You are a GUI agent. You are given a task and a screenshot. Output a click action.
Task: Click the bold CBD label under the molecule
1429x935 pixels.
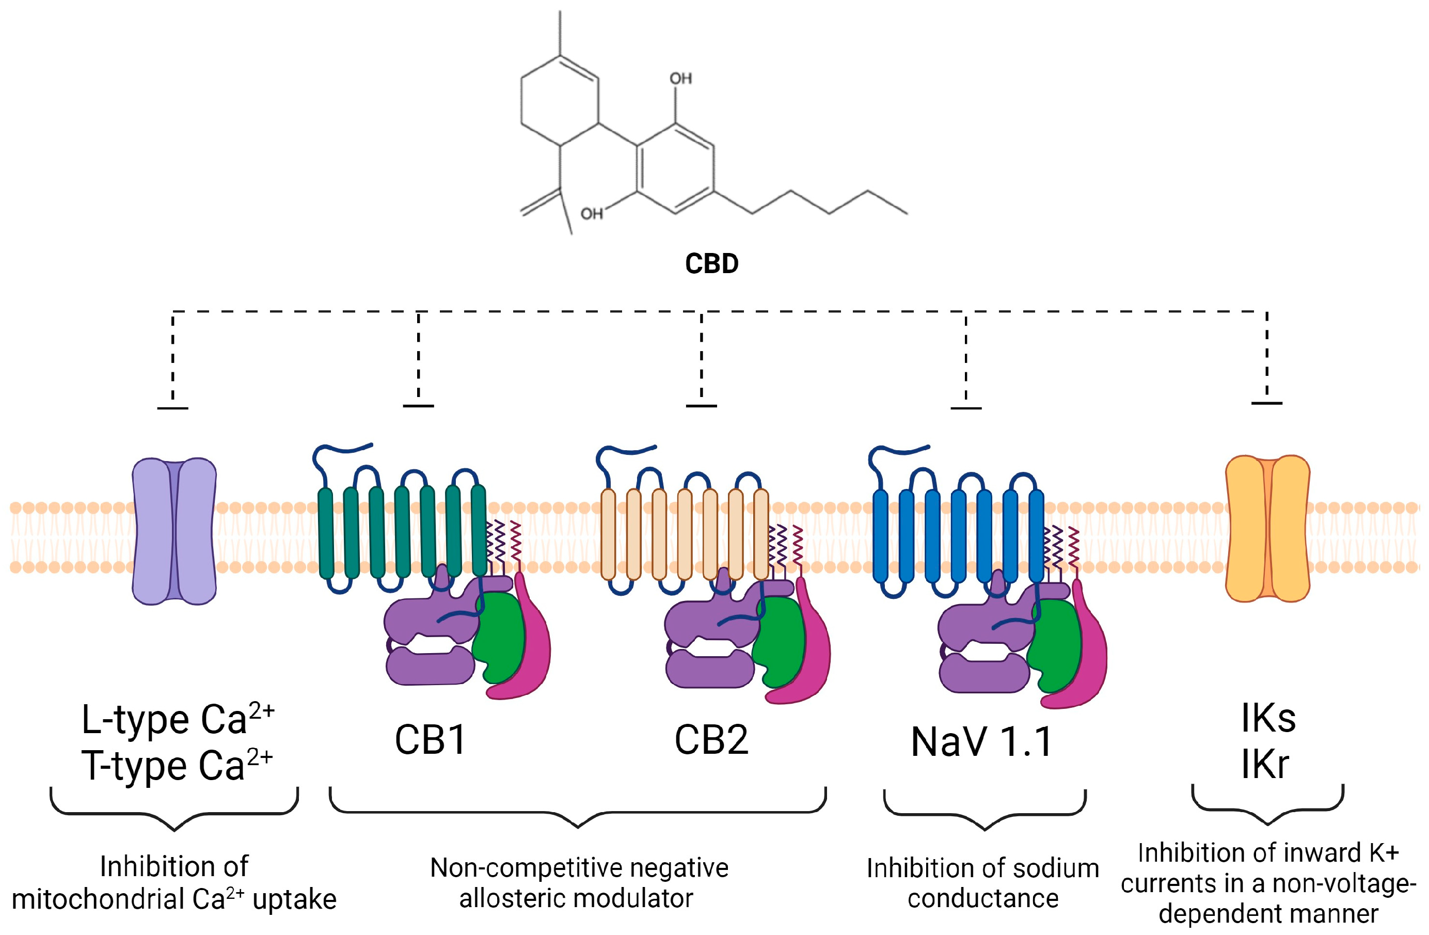coord(711,264)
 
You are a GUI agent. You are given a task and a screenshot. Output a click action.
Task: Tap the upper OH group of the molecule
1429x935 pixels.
coord(681,78)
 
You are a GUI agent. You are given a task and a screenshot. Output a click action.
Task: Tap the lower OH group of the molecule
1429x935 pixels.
coord(592,214)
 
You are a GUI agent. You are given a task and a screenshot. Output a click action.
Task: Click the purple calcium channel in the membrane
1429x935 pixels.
coord(174,531)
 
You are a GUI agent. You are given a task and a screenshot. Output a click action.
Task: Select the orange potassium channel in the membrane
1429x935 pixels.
coord(1267,529)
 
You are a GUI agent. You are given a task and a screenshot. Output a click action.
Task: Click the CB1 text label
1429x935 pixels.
coord(430,740)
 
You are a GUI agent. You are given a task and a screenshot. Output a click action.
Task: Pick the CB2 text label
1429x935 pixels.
coord(711,740)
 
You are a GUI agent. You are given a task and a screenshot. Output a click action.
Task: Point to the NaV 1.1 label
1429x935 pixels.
coord(982,742)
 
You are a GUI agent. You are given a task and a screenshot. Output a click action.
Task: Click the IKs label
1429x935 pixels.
coord(1268,718)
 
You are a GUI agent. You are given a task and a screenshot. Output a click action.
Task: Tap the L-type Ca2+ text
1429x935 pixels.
coord(177,719)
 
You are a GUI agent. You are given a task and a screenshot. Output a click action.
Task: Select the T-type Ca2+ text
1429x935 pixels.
coord(177,766)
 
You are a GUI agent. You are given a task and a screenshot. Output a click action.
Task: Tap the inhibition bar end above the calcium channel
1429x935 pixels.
coord(173,408)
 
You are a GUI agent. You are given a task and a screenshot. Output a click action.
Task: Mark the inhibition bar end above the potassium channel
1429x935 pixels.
coord(1267,403)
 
